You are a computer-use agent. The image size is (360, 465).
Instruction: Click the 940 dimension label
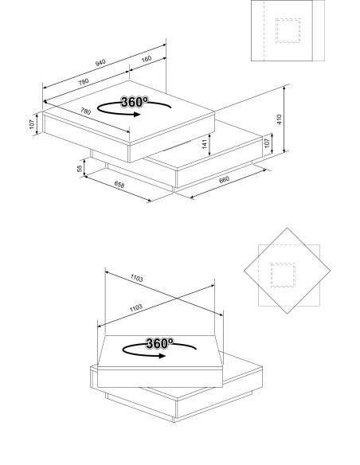[x=100, y=63]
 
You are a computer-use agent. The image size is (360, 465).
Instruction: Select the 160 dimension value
[x=147, y=58]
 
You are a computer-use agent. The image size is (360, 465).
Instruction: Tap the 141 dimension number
[x=204, y=144]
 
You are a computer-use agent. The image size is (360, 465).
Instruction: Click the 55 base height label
[x=80, y=169]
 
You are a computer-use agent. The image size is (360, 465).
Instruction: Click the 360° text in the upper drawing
[x=133, y=102]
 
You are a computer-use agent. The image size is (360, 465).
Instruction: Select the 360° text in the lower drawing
[x=159, y=343]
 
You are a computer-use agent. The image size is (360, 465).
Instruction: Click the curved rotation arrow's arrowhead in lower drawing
[x=165, y=356]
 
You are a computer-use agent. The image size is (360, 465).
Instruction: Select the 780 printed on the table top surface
[x=85, y=112]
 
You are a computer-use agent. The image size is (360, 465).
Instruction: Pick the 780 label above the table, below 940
[x=84, y=82]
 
